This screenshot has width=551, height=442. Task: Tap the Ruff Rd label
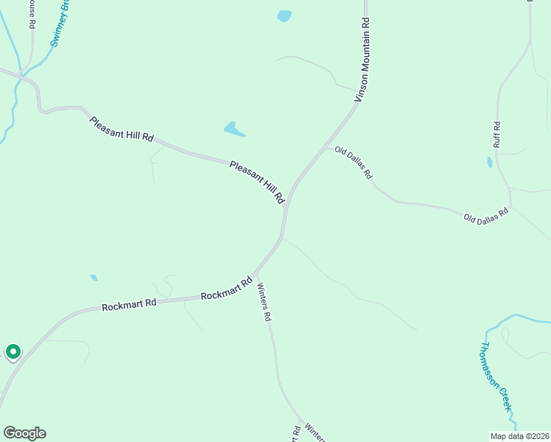pos(497,134)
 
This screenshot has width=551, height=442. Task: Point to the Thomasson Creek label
pos(495,377)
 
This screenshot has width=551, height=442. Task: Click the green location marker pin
pos(13,352)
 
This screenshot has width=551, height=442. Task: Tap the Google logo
pos(24,432)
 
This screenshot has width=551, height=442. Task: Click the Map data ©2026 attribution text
pos(519,436)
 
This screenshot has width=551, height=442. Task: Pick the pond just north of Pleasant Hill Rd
pos(234,130)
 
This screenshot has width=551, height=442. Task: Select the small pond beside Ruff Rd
pos(489,162)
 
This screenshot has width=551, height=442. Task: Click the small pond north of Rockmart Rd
pos(94,278)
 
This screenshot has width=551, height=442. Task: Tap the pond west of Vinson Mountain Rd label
pos(284,15)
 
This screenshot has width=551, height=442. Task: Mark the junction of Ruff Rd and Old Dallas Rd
pos(510,208)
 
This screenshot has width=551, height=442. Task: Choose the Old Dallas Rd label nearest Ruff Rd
pos(486,215)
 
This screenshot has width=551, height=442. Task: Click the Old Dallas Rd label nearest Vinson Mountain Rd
pos(354,163)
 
